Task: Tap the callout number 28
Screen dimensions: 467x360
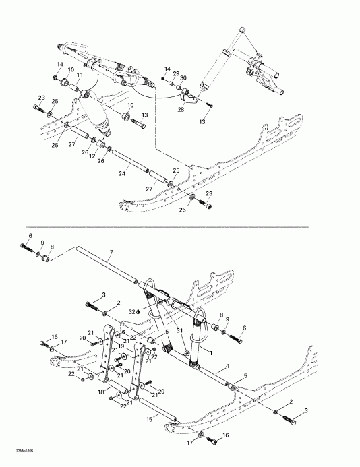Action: click(x=180, y=109)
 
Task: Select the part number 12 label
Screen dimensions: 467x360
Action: click(x=93, y=156)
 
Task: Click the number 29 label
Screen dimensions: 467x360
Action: click(x=176, y=73)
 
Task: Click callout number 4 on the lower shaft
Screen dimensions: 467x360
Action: click(x=227, y=366)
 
